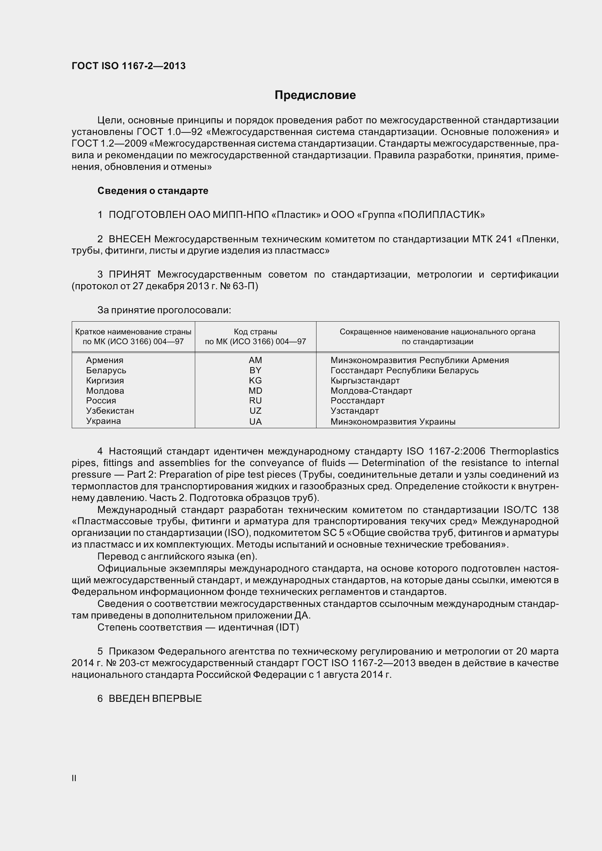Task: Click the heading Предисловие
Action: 315,95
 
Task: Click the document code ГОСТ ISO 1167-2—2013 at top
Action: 128,66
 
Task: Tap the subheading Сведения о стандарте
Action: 153,191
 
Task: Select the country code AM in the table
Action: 255,360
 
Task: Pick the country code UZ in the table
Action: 255,411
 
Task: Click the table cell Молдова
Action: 105,391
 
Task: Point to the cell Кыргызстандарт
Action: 365,381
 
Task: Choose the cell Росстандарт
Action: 357,401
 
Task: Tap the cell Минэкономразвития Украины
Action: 393,421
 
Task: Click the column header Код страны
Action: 255,332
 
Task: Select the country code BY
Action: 255,370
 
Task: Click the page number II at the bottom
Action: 74,778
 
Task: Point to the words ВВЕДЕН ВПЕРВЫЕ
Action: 155,699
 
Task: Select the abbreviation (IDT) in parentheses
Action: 287,627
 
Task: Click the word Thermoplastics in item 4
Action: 524,451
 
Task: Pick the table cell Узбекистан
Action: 110,411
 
